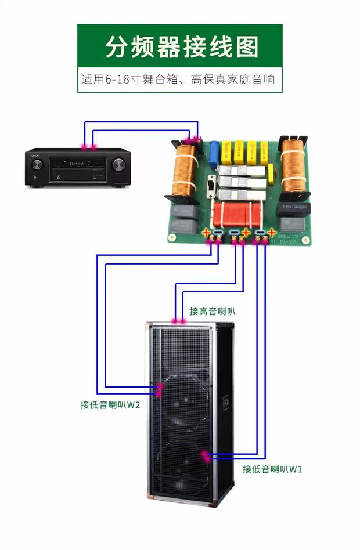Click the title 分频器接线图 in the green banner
click(181, 46)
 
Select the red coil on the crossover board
click(235, 215)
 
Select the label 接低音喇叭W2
click(110, 405)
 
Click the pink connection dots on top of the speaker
click(179, 321)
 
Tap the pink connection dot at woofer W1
click(205, 455)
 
